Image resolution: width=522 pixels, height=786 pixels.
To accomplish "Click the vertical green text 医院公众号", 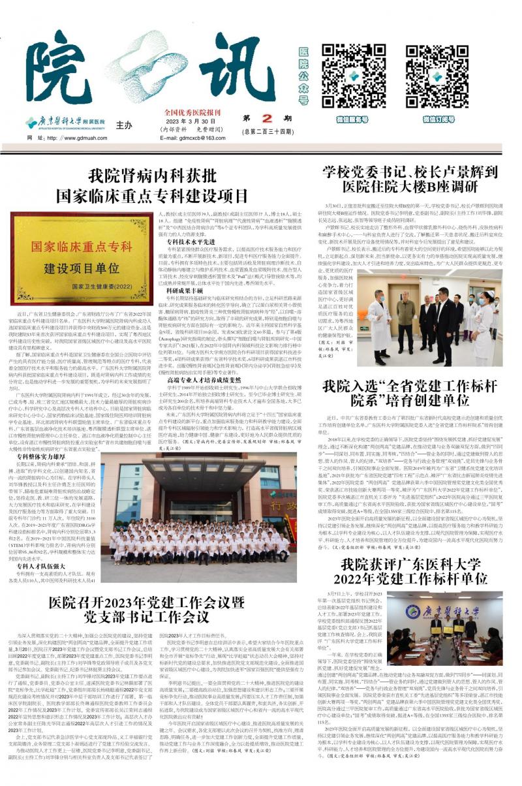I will point(303,75).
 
